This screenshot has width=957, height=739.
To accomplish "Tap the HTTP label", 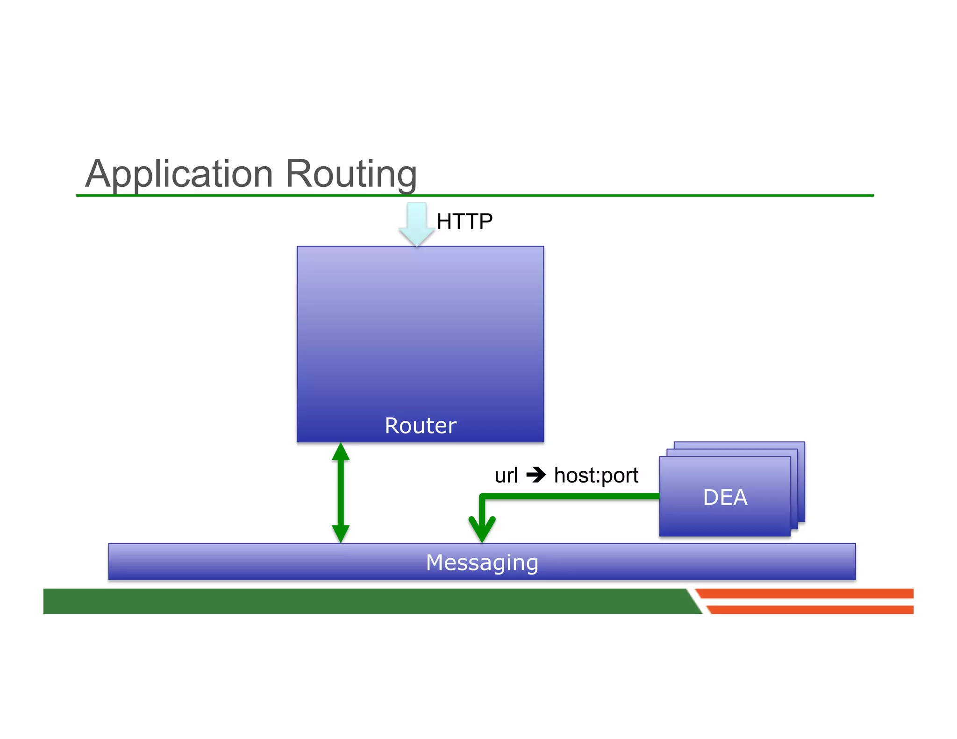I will point(464,221).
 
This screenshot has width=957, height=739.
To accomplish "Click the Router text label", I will point(420,426).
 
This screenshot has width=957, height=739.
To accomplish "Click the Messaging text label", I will point(482,562).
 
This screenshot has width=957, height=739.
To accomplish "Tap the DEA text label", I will point(725,497).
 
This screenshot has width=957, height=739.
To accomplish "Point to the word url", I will point(506,476).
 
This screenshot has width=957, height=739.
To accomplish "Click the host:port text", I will point(596,476).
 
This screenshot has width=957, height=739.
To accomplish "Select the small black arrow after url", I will point(536,476).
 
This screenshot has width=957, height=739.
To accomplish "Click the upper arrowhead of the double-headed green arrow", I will point(341,452).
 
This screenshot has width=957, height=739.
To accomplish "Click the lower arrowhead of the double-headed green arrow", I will point(341,533).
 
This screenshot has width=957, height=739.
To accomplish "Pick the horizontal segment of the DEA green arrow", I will point(570,497).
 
